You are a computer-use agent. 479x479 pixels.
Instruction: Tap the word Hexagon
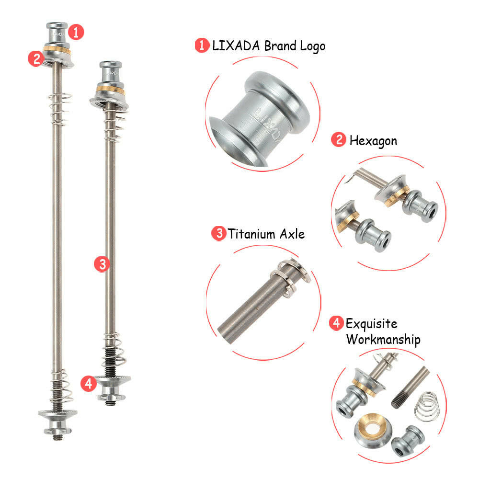click(373, 140)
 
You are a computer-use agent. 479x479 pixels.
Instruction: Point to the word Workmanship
click(383, 340)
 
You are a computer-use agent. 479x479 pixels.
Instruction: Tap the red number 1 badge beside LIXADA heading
click(201, 46)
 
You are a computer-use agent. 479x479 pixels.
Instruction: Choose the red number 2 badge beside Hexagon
click(338, 140)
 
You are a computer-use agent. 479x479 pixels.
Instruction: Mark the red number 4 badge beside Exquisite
click(336, 323)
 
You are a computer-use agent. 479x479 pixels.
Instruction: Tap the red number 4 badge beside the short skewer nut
click(88, 383)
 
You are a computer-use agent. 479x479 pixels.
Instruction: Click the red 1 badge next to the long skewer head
click(76, 32)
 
